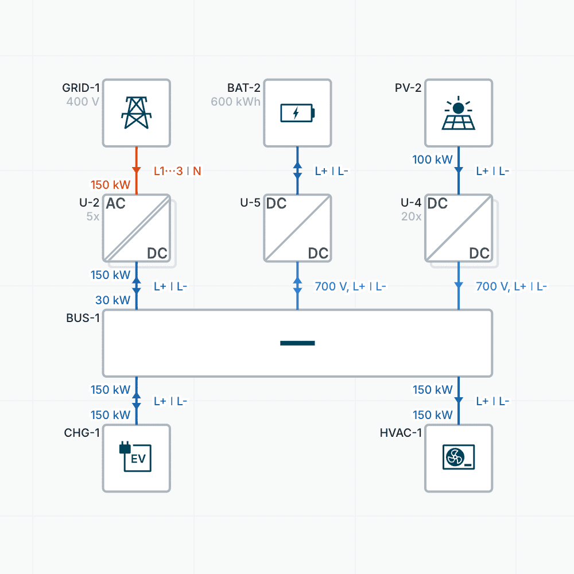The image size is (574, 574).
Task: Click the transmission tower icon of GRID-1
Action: point(137,113)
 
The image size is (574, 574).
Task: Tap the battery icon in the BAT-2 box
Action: point(297,113)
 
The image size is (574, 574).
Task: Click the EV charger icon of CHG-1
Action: point(137,457)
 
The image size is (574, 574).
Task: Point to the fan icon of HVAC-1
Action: point(458,457)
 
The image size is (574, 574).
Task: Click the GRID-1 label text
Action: point(81,88)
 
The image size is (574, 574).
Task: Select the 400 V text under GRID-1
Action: point(83,102)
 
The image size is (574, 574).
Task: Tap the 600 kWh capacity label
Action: point(235,102)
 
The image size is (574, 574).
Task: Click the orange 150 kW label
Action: point(111,185)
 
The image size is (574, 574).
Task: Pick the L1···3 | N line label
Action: point(177,171)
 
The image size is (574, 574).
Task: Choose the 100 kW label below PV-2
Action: point(433,160)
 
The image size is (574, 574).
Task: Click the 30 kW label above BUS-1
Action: point(113,300)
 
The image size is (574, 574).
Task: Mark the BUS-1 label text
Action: point(83,318)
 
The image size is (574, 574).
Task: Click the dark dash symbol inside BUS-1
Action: point(297,343)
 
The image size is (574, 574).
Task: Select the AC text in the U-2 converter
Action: point(116,204)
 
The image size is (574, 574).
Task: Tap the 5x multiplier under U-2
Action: point(92,217)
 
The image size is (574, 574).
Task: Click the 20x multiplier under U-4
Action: point(411,217)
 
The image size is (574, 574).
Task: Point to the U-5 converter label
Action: point(250,203)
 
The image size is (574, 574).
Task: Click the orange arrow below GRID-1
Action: point(137,170)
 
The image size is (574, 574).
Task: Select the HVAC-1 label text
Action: point(401,433)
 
